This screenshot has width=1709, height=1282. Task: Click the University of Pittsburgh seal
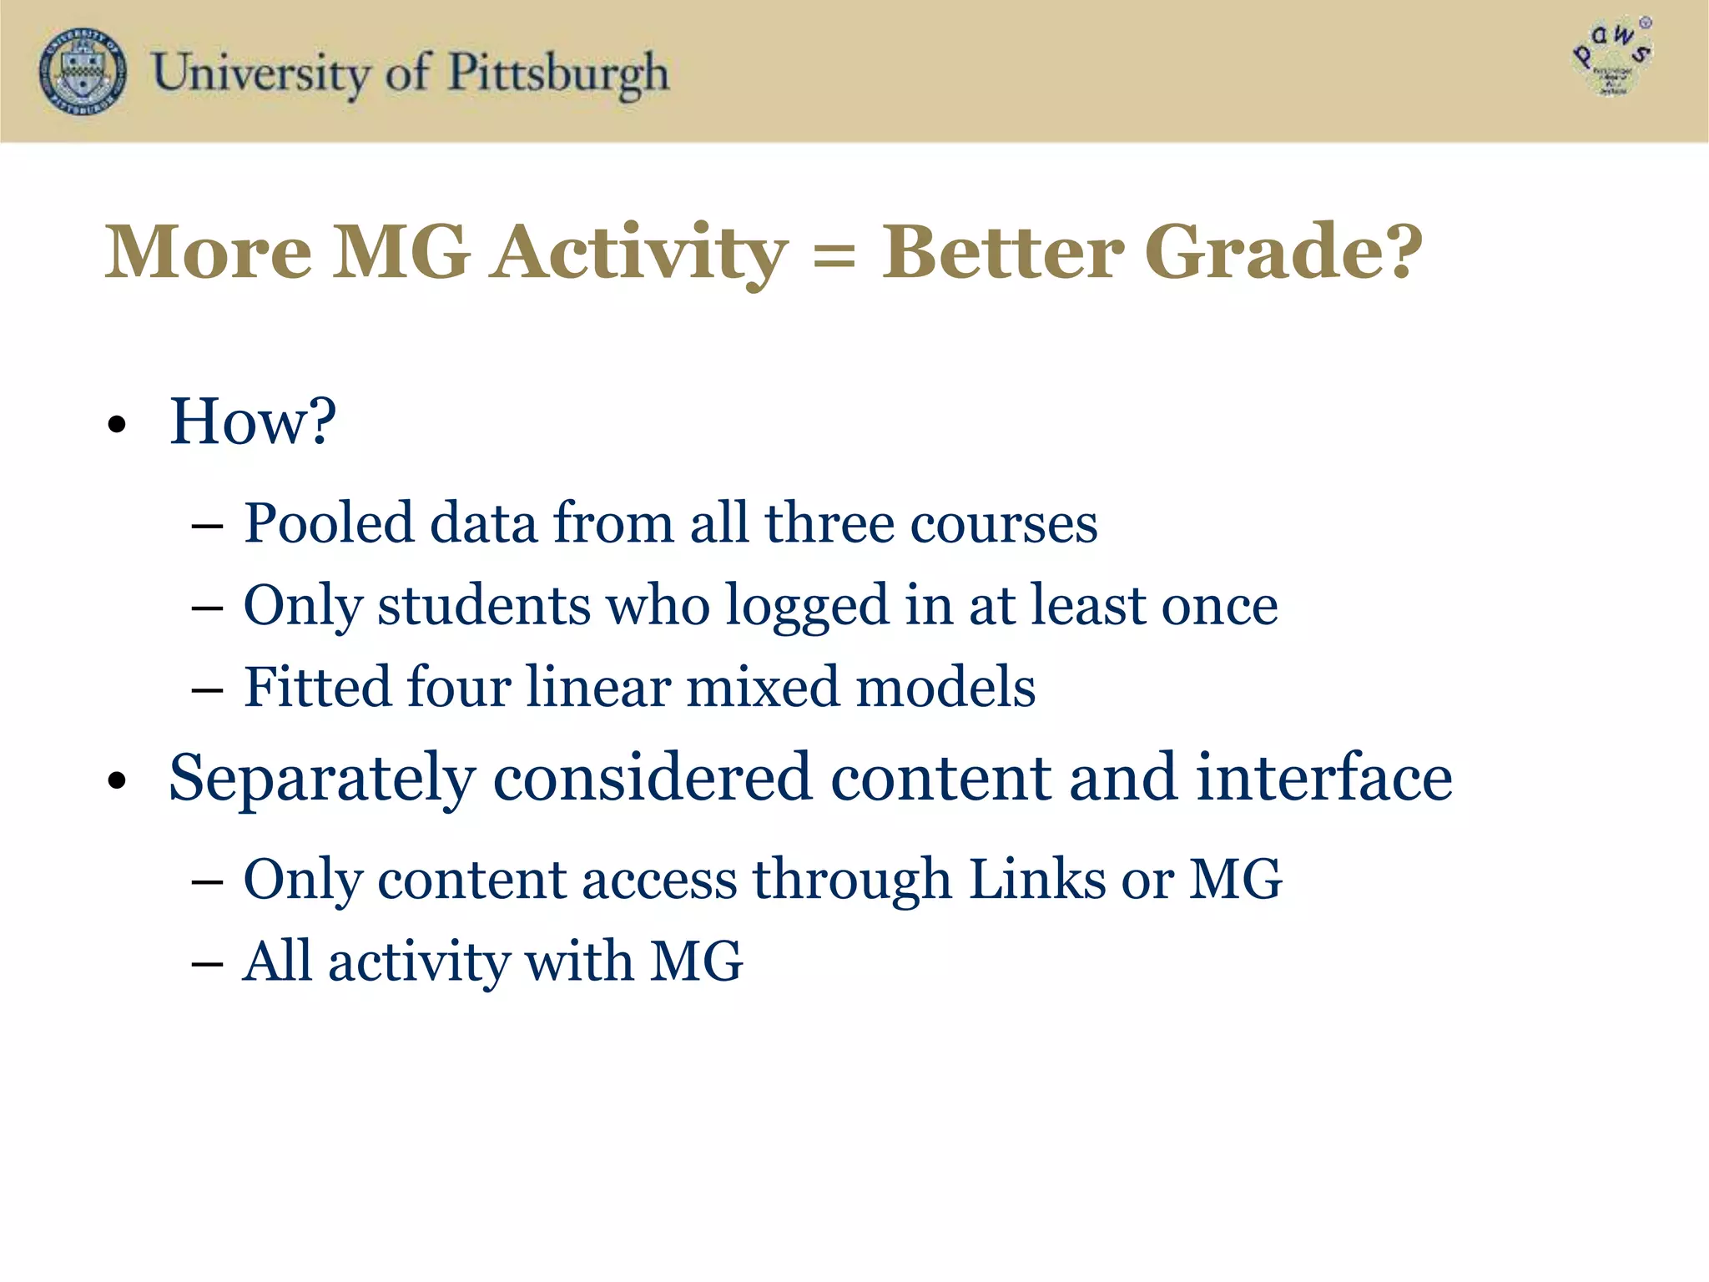point(83,72)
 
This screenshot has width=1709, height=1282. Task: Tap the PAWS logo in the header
point(1612,58)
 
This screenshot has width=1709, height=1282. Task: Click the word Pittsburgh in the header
point(558,73)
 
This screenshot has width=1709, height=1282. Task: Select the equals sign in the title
point(834,255)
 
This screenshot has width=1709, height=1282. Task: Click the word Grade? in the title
point(1283,251)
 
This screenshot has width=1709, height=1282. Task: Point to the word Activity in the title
point(638,253)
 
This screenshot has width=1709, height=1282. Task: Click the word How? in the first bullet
point(252,421)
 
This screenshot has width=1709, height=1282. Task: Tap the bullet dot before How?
point(117,425)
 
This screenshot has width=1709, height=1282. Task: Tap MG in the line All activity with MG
point(696,961)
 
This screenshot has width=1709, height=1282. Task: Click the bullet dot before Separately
point(117,781)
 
